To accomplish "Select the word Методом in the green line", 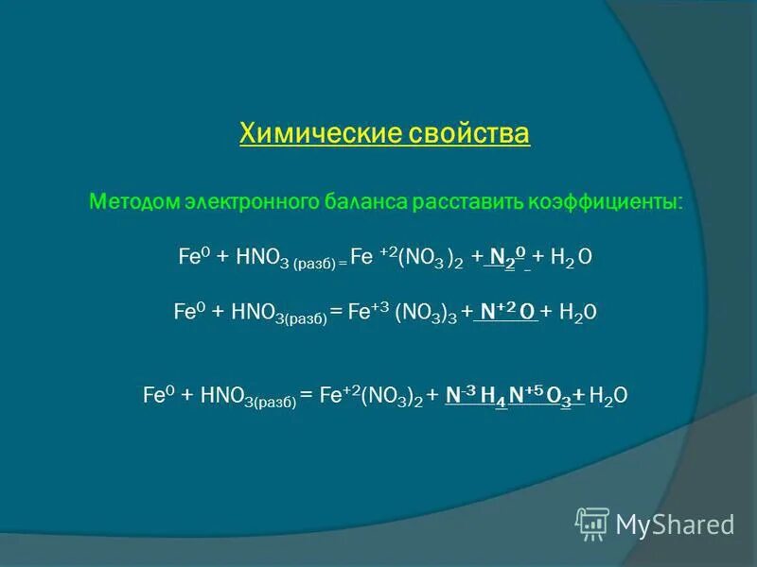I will [132, 202].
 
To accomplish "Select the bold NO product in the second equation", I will [506, 312].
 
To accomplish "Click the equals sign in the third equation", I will [306, 396].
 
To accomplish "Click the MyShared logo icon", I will [592, 523].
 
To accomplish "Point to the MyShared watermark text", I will [675, 524].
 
